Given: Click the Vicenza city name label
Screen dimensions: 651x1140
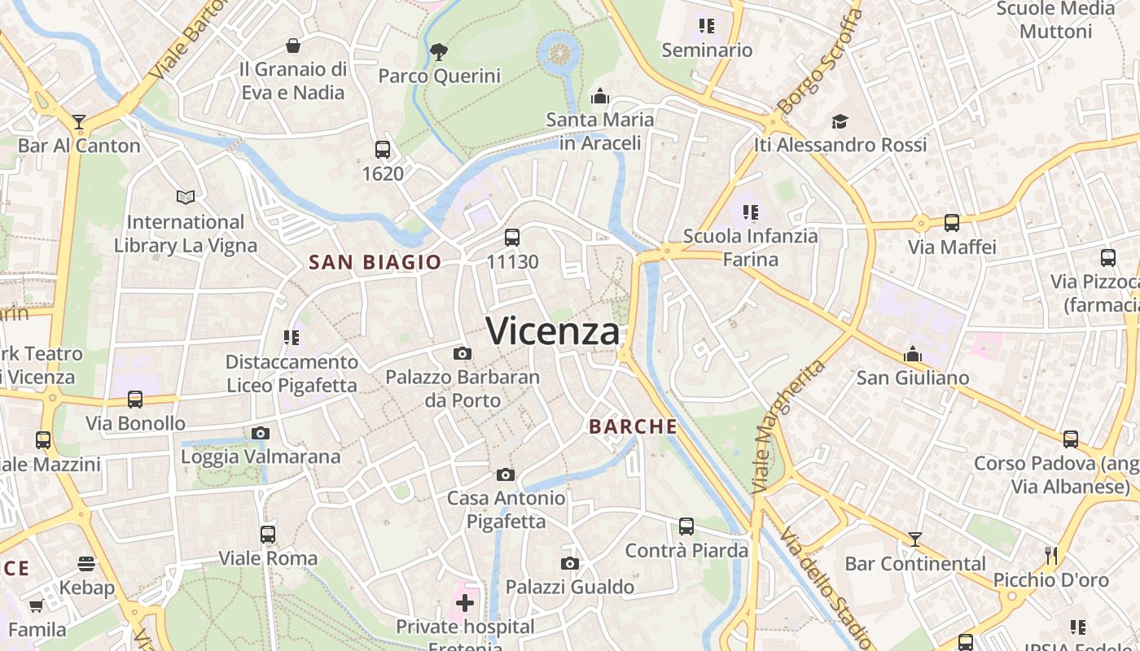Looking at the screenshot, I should click(552, 331).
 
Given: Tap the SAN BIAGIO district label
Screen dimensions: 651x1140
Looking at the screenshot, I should click(375, 262).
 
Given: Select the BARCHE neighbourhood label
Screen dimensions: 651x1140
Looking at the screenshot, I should click(633, 426).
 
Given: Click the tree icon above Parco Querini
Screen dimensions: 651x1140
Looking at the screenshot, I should click(439, 53).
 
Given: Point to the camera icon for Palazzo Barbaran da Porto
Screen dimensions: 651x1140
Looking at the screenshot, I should click(463, 353).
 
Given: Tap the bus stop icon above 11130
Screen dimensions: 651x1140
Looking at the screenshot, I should click(511, 238).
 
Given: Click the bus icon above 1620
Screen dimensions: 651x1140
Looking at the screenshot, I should click(383, 150).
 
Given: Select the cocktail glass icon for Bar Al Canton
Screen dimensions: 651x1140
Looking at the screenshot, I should click(79, 122).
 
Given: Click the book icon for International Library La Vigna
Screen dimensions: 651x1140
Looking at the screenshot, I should click(186, 197).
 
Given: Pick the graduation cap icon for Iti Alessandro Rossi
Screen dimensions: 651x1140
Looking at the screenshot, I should click(840, 121).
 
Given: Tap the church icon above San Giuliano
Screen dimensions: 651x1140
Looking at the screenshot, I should click(913, 354).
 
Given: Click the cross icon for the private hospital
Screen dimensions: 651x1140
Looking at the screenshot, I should click(465, 603).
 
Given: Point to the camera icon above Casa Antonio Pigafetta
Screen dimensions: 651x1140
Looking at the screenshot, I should click(506, 474).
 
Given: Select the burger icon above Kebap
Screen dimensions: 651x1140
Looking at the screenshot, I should click(86, 563).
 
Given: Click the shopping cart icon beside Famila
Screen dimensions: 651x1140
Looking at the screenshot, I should click(37, 605).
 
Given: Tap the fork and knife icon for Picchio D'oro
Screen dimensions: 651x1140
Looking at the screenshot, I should click(1051, 556).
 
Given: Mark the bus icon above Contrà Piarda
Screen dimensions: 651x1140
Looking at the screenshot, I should click(686, 526).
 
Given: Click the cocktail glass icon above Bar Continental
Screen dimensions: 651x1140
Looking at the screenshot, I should click(915, 539).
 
